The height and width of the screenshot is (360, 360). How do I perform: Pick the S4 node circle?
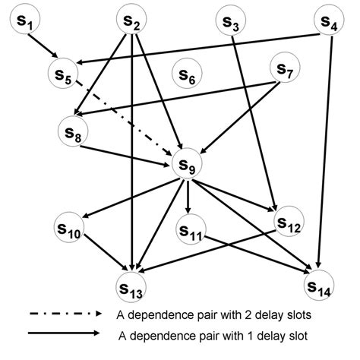tap(329, 22)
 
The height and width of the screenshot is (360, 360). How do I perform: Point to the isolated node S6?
tap(186, 74)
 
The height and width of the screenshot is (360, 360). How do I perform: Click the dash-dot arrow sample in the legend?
tap(64, 313)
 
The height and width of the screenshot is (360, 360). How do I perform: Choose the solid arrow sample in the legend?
tap(64, 333)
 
